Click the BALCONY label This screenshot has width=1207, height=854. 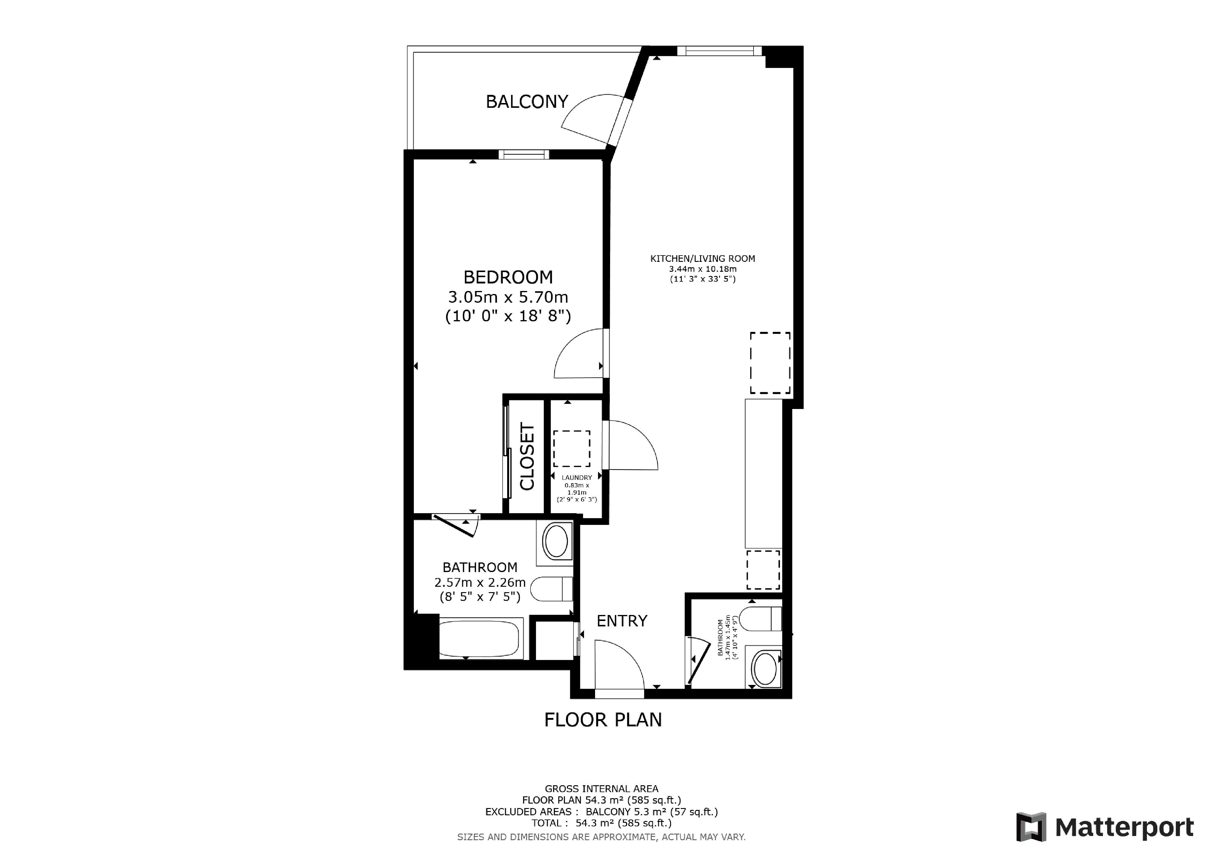point(527,101)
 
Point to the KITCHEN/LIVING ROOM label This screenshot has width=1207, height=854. point(702,259)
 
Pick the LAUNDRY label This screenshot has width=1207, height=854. point(577,477)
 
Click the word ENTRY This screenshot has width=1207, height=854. point(622,621)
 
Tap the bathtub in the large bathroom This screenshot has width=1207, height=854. point(481,638)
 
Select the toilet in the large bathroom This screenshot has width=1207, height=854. point(552,589)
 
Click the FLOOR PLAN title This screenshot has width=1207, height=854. point(603,720)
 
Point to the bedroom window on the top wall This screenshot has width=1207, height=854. point(524,155)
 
